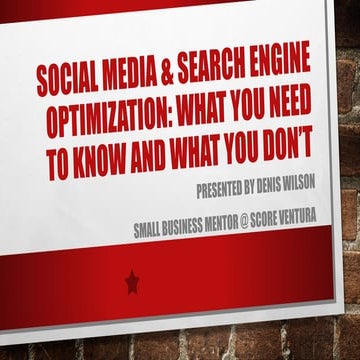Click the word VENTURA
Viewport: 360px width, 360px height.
click(x=336, y=223)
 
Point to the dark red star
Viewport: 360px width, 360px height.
click(x=132, y=283)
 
